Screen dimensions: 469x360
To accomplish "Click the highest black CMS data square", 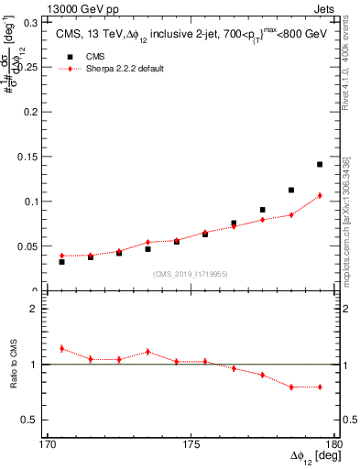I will point(320,165).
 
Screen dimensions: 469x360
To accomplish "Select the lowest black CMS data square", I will point(61,262).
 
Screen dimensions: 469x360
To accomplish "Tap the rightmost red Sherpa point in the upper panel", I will point(320,195).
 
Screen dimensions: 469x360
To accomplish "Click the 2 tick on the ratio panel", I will point(39,309).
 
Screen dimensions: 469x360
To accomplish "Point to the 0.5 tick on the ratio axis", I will point(36,420).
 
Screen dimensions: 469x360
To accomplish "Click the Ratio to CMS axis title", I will point(13,364).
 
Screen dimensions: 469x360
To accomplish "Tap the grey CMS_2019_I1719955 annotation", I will point(191,273).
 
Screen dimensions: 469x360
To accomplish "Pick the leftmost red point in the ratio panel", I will point(61,348).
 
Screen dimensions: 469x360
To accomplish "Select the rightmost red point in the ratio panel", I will point(320,387).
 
